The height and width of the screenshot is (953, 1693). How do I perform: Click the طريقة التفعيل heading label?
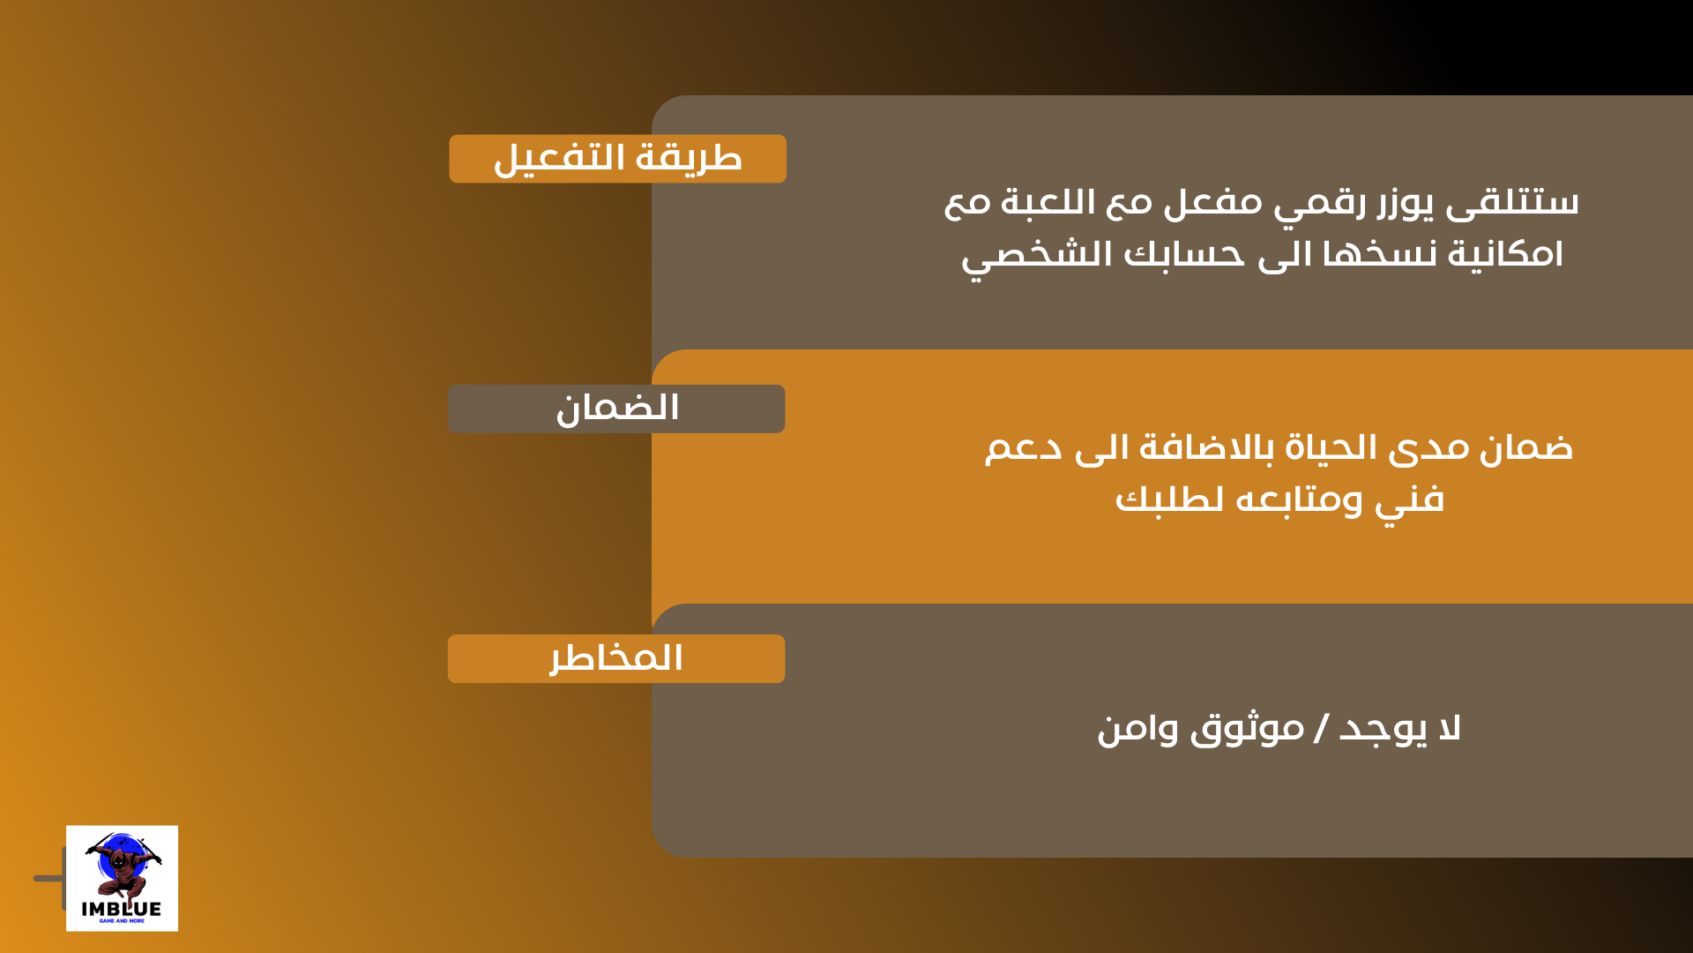617,159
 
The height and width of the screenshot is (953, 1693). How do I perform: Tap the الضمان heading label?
616,409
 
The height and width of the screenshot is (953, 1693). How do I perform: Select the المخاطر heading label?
616,658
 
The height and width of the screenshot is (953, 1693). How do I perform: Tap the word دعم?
1023,448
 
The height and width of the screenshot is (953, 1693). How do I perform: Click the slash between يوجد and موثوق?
1321,729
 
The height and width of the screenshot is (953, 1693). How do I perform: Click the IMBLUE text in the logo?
122,909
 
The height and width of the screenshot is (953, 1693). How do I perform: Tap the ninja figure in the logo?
123,865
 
